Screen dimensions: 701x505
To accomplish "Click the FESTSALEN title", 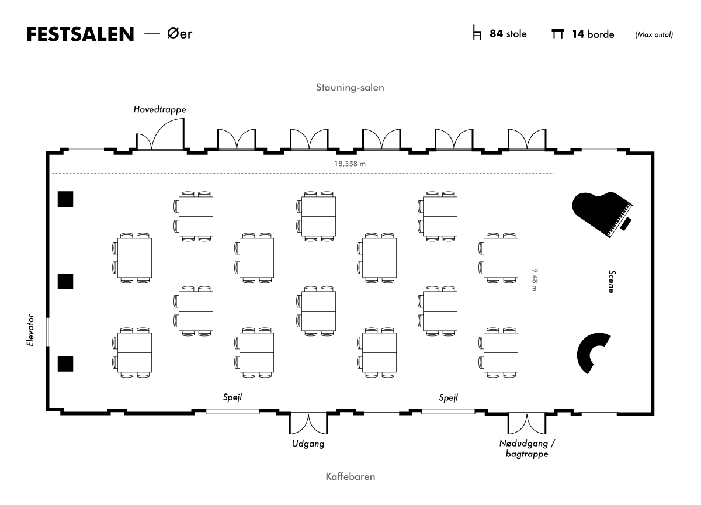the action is coord(81,34).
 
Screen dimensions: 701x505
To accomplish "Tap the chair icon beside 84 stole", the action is coord(477,32).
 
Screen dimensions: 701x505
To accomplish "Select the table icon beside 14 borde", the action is coord(558,34).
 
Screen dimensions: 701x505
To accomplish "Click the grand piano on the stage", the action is coord(602,215).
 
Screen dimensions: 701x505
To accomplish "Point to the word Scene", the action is coord(611,281).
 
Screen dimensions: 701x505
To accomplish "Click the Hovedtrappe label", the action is coord(159,109).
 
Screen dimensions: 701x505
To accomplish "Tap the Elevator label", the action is coord(30,330).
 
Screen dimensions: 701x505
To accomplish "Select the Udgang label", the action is coord(308,444).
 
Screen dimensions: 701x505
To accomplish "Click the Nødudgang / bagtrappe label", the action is coord(527,449).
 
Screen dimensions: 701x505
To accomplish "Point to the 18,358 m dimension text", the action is coord(350,164).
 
